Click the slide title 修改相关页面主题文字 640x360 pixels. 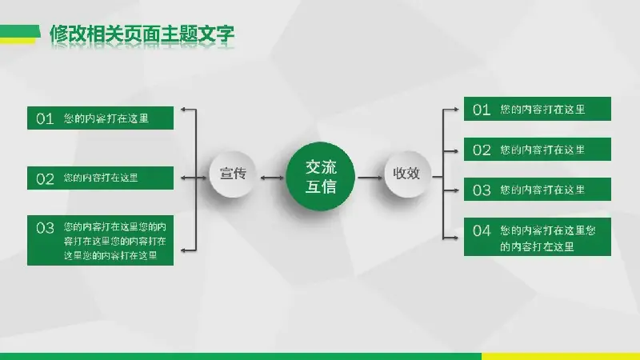[x=142, y=34]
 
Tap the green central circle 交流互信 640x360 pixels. [x=321, y=176]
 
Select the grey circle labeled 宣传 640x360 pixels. [x=233, y=174]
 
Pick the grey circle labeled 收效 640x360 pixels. [x=407, y=174]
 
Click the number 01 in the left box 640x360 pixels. [x=45, y=118]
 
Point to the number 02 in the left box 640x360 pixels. [x=45, y=178]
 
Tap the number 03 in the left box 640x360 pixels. [x=45, y=228]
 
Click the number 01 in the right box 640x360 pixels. [x=482, y=110]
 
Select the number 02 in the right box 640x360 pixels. [x=482, y=150]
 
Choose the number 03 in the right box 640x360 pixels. [x=482, y=190]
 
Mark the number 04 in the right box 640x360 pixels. [x=482, y=230]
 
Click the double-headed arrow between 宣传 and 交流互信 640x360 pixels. [x=272, y=178]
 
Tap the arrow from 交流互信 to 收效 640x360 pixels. [x=370, y=178]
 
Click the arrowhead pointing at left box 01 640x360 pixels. [x=184, y=110]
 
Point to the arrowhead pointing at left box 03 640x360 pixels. [x=184, y=250]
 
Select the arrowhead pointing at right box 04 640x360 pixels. [x=455, y=238]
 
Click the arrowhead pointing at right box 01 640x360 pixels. [x=455, y=110]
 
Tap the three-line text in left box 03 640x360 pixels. [x=114, y=241]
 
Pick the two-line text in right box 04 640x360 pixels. [x=548, y=238]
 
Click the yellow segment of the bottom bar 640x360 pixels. [x=561, y=356]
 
